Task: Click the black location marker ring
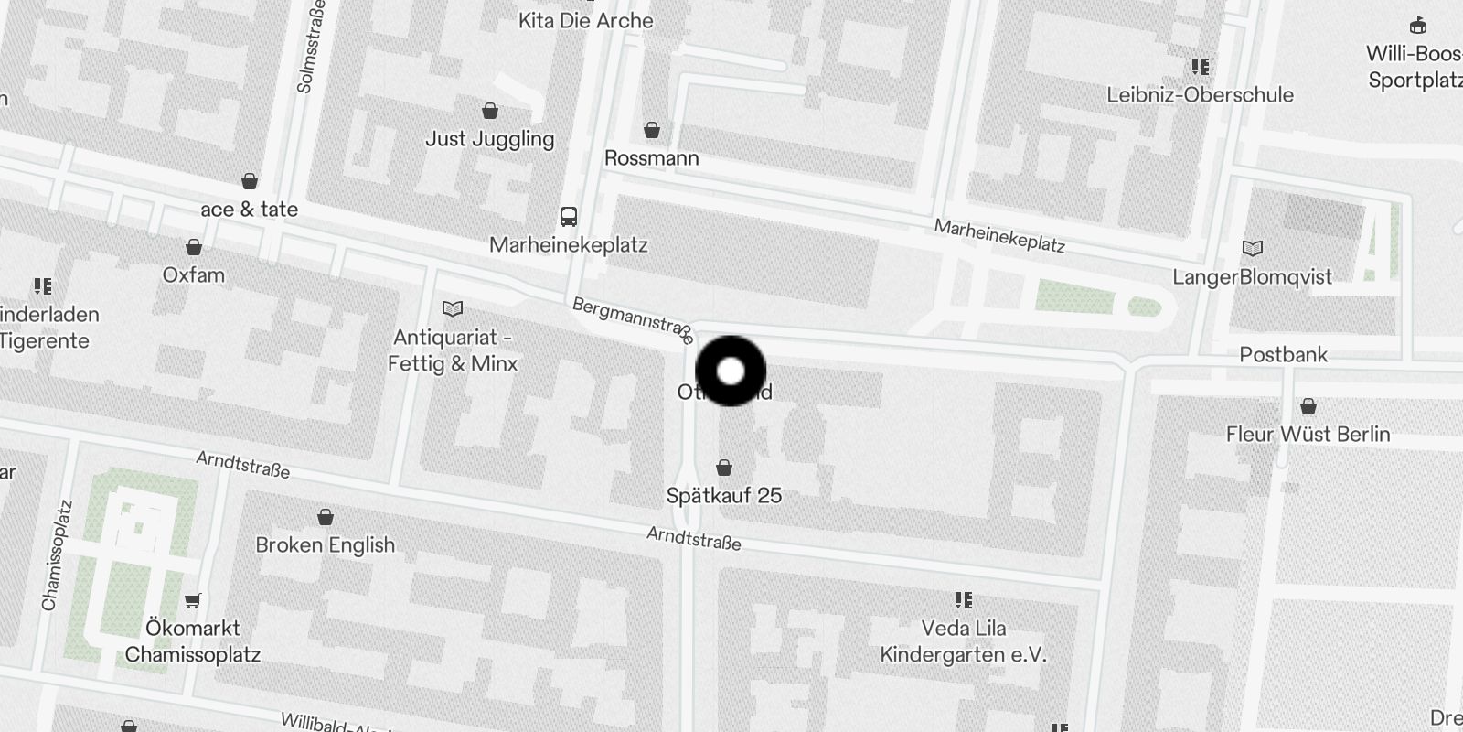click(x=731, y=371)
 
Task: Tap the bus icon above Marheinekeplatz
click(x=569, y=217)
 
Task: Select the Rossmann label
click(x=651, y=158)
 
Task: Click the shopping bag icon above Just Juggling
click(x=490, y=112)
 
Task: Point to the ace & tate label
click(x=249, y=210)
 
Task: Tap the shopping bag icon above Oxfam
click(x=194, y=247)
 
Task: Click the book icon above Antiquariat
click(x=453, y=308)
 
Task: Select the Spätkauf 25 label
click(x=723, y=496)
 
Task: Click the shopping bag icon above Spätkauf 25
click(x=724, y=468)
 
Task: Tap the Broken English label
click(x=326, y=545)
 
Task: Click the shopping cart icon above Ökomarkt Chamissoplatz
click(x=192, y=601)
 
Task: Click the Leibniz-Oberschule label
click(x=1200, y=95)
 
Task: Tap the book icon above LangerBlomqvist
click(x=1253, y=248)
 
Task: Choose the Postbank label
click(x=1283, y=355)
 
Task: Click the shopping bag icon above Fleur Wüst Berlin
click(x=1308, y=406)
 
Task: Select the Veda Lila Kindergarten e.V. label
click(x=963, y=641)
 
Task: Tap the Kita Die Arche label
click(x=585, y=21)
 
